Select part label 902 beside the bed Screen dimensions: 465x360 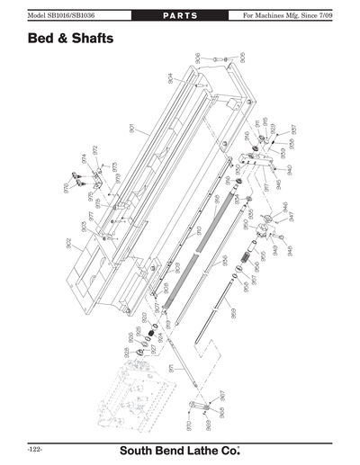(69, 244)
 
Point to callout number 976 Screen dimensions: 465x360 (66, 187)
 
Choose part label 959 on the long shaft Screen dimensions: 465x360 (234, 314)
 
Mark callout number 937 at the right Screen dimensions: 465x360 (292, 130)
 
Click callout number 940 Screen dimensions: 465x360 (290, 170)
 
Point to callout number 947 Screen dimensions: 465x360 (291, 216)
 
